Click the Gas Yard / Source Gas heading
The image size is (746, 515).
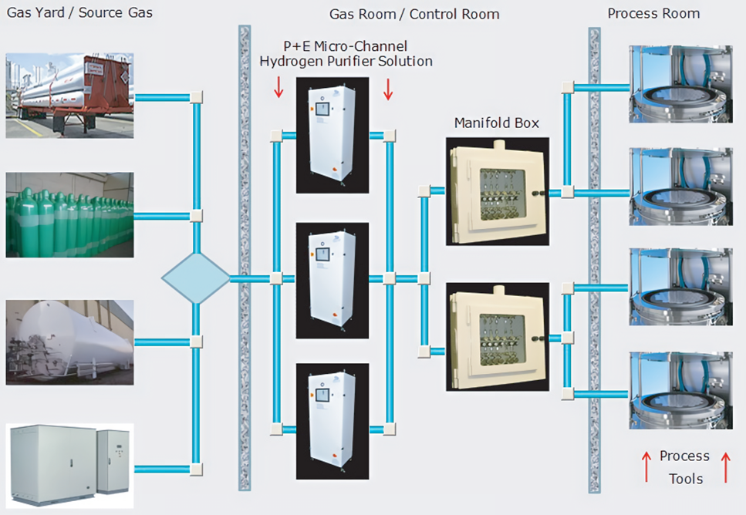coord(79,13)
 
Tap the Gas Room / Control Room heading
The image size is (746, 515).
coord(414,14)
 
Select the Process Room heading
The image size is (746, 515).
coord(653,13)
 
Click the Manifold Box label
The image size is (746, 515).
coord(496,123)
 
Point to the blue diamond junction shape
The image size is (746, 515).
coord(196,278)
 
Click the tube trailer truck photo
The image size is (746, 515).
coord(70,96)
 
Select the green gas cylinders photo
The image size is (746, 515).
coord(70,215)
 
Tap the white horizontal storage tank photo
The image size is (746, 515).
coord(70,342)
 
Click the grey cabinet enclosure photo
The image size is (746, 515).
coord(70,465)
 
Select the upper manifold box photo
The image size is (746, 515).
coord(498,191)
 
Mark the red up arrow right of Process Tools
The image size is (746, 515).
coord(724,467)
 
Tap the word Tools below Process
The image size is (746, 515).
coord(685,479)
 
